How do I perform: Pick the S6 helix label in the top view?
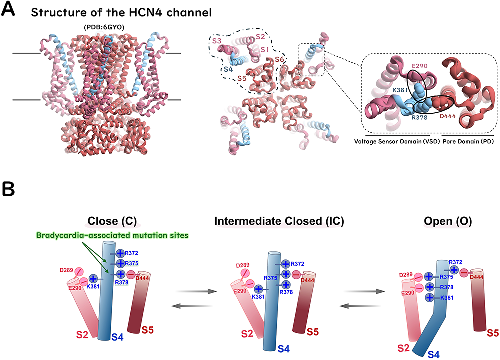point(282,60)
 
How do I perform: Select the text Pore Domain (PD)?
point(465,141)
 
